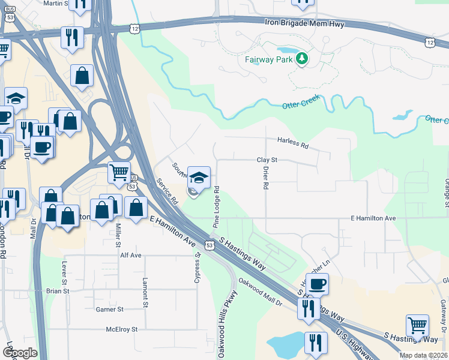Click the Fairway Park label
click(268, 59)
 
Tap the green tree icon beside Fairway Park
click(303, 59)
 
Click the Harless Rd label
click(292, 142)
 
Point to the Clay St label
click(267, 160)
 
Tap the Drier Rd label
click(265, 178)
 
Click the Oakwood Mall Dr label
click(261, 291)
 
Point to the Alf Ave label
click(130, 255)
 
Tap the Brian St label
click(58, 291)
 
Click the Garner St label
click(109, 310)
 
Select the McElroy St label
click(122, 329)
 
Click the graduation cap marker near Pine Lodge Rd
click(199, 178)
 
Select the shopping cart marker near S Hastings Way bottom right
click(417, 326)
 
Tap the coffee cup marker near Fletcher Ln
click(318, 283)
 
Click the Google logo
click(20, 352)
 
